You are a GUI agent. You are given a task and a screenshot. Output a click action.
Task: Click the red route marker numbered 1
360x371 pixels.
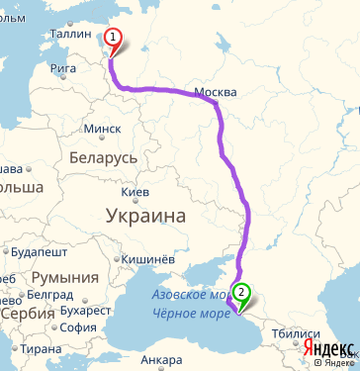click(x=113, y=39)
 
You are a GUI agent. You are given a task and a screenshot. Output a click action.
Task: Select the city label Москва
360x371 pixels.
click(x=216, y=92)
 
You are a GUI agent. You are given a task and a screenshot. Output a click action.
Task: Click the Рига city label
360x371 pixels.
click(x=62, y=68)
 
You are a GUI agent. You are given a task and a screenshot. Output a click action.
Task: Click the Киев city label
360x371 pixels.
click(x=135, y=192)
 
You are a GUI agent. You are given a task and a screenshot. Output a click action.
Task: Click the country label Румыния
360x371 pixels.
click(x=65, y=279)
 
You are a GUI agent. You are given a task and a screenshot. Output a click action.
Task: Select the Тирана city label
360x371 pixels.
click(x=43, y=349)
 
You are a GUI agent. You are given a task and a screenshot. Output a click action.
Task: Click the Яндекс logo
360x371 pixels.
click(x=328, y=348)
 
